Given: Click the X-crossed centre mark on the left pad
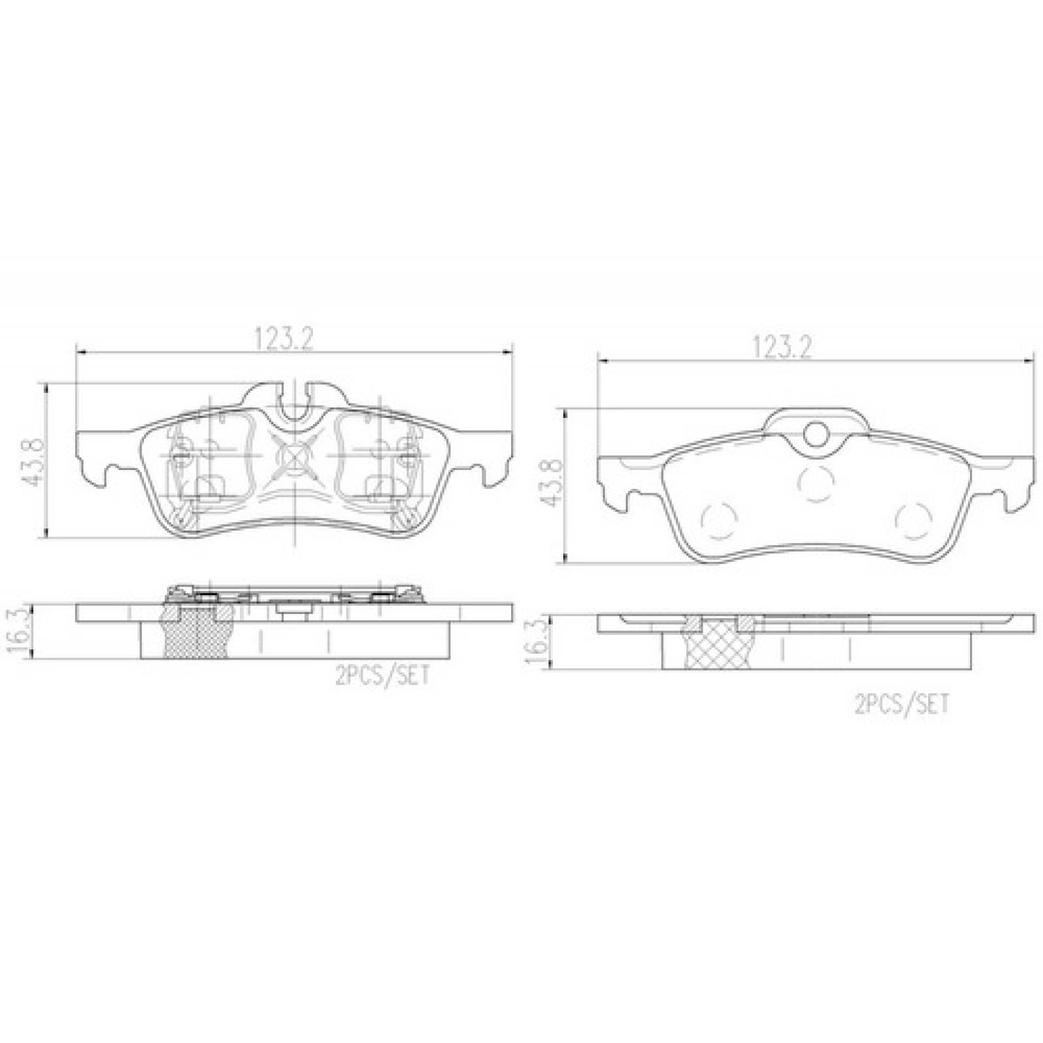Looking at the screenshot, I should point(295,454).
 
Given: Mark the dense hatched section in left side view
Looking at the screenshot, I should point(197,630).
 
